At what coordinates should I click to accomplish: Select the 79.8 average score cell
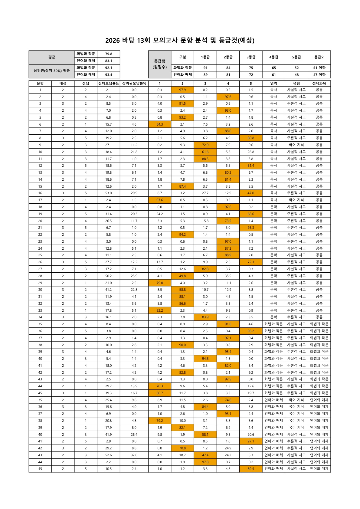[108, 54]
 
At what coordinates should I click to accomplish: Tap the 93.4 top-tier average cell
[108, 75]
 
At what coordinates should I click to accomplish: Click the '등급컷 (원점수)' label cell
[160, 64]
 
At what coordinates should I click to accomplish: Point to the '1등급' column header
[205, 57]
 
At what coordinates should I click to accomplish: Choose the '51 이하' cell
[319, 68]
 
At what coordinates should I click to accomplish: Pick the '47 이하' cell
[319, 75]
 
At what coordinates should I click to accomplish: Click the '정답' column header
[86, 83]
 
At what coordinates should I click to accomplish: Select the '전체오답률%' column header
[108, 83]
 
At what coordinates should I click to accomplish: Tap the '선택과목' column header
[319, 83]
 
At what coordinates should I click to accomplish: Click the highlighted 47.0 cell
[251, 193]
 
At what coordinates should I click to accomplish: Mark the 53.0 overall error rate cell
[108, 193]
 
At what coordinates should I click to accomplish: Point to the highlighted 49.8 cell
[182, 276]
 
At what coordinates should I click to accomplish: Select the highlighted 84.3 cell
[160, 124]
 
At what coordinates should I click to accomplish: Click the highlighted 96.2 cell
[251, 331]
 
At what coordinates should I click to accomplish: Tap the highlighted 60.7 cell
[160, 393]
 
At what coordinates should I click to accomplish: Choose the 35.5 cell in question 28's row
[228, 276]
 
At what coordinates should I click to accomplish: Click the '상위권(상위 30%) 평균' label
[52, 71]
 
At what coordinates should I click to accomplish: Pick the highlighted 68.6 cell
[251, 214]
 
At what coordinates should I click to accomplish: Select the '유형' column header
[296, 83]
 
